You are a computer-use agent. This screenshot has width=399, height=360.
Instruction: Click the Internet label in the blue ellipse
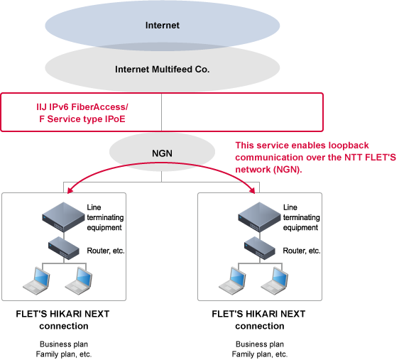point(163,25)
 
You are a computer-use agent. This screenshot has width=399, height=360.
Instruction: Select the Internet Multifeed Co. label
point(163,69)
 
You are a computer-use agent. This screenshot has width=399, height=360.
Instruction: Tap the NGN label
point(162,153)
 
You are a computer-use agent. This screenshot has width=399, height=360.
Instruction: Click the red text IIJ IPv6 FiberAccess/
point(82,107)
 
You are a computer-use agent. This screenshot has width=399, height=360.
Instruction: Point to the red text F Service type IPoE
point(82,119)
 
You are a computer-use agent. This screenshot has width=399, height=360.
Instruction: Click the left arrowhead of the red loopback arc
point(70,190)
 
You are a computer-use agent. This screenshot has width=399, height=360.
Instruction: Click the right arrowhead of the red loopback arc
point(253,190)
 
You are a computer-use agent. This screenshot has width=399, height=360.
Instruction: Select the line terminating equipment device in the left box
point(63,217)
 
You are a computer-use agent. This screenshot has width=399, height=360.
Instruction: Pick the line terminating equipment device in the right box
point(259,217)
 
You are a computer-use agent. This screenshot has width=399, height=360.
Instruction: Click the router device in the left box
point(64,248)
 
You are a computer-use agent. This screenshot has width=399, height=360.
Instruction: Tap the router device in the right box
point(260,248)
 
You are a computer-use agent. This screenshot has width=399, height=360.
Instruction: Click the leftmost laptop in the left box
point(36,281)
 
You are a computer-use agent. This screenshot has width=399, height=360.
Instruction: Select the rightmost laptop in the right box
point(275,281)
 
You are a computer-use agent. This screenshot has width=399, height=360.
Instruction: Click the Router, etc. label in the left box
point(106,251)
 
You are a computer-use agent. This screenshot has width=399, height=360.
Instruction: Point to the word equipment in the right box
point(300,228)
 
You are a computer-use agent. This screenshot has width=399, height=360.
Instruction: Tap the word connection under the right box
point(260,326)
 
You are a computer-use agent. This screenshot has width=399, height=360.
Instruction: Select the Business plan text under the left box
point(64,344)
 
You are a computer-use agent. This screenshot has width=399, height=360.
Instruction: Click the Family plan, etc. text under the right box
point(260,354)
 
